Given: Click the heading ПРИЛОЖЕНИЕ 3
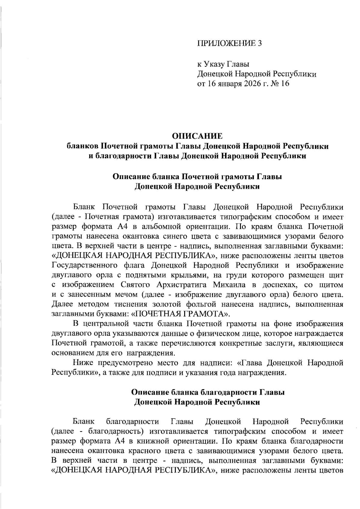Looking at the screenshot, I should (x=229, y=43).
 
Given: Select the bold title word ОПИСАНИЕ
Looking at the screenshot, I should (x=197, y=136).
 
